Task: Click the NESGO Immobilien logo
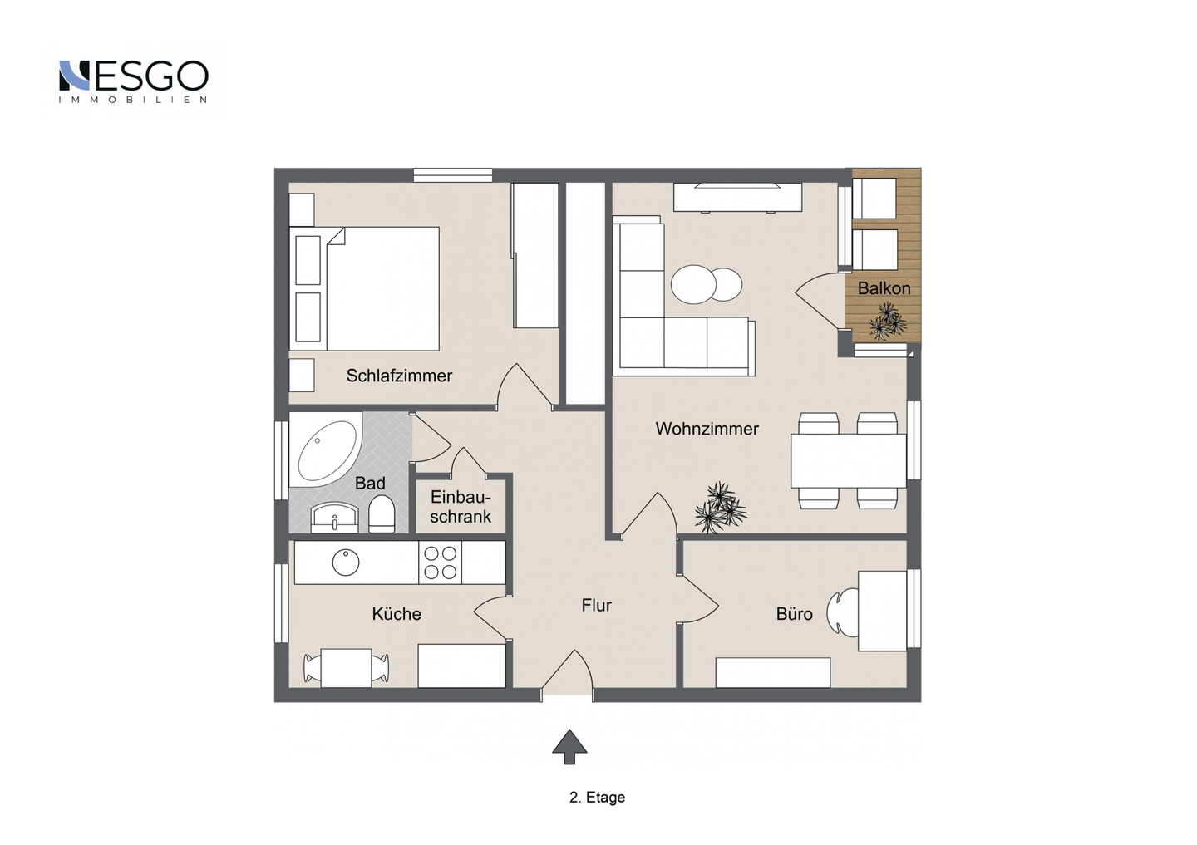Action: coord(133,81)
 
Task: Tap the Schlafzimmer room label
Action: coord(399,376)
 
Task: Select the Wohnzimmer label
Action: coord(707,429)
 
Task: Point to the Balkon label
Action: coord(884,288)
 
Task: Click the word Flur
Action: coord(596,605)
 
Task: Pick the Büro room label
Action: coord(794,614)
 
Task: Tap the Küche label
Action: coord(397,614)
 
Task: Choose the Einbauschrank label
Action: coord(461,507)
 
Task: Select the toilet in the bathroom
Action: coord(382,513)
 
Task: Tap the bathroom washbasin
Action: coord(335,518)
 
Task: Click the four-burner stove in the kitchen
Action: coord(440,563)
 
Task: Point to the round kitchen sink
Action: coord(346,563)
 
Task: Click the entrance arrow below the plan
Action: coord(569,747)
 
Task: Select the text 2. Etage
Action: coord(597,798)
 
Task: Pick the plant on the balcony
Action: coord(888,322)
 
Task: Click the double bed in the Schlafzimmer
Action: coord(364,288)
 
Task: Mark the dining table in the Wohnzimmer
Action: coord(849,460)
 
